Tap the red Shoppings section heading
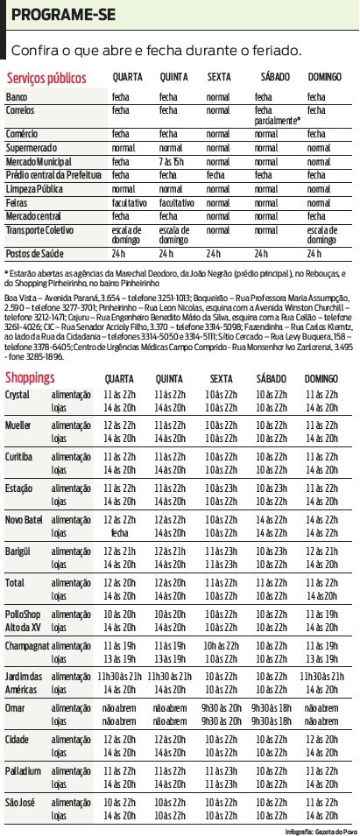(x=31, y=377)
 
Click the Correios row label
(x=20, y=111)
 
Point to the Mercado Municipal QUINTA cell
(x=173, y=162)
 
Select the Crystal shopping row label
(x=18, y=395)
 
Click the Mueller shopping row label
(x=18, y=425)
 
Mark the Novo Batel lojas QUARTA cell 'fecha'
(x=119, y=532)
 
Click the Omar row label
(x=16, y=683)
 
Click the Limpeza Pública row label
(x=34, y=188)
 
